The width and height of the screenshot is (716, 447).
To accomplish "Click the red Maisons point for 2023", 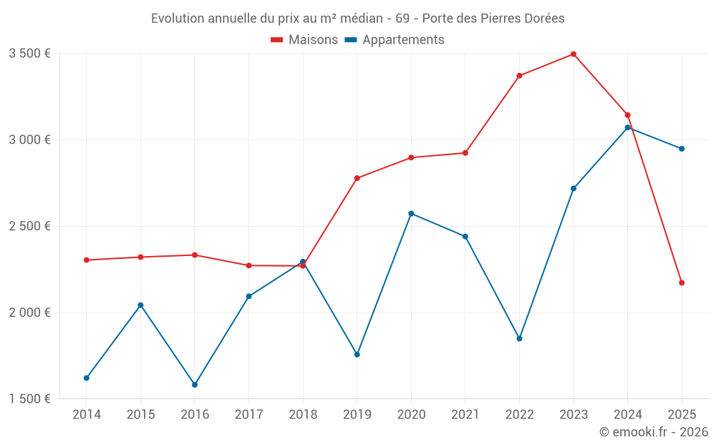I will tap(574, 54).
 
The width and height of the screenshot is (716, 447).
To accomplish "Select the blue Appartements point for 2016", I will tap(195, 385).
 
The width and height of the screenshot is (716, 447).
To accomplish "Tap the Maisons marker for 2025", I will tap(682, 283).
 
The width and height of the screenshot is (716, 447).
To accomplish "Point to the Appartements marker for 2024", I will tap(628, 127).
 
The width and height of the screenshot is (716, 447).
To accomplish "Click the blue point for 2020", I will tap(411, 213).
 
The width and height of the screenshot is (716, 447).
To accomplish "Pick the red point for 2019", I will tap(357, 178).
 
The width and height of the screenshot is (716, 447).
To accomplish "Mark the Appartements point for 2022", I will tap(519, 338).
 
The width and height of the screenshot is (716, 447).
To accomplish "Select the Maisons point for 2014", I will tap(87, 260).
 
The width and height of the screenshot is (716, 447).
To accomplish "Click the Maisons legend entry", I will tap(304, 40).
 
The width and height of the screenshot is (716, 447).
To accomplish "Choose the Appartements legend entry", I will tap(395, 40).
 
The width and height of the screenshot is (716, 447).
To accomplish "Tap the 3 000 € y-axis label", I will tap(29, 139).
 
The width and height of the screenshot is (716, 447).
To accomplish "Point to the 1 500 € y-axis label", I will tap(29, 399).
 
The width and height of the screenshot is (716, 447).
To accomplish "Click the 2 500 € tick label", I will tap(29, 226).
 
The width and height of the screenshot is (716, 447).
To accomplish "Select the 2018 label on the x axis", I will tap(303, 414).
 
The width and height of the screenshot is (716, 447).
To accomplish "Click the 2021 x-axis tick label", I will tap(465, 414).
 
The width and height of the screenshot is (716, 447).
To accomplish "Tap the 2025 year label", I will tap(682, 414).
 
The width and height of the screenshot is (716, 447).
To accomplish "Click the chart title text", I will tap(358, 18).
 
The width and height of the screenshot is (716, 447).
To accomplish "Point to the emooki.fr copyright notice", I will tap(653, 432).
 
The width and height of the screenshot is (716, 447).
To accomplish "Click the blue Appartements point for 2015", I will tap(140, 305).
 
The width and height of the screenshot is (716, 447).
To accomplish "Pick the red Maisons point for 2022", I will tap(519, 76).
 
